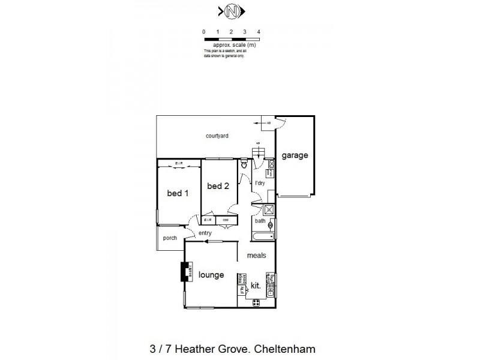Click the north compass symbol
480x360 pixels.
(232, 11)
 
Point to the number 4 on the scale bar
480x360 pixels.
(259, 31)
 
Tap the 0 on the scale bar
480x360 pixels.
(204, 31)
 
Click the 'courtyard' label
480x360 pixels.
(217, 136)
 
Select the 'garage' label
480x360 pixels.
(296, 155)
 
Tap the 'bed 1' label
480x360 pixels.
(178, 193)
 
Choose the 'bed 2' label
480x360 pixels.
(218, 186)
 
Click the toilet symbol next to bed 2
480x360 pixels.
(244, 163)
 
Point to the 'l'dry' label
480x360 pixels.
(260, 183)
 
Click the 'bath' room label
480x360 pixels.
(260, 221)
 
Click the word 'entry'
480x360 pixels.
(206, 233)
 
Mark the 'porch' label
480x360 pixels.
(170, 238)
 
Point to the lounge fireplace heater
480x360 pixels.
(185, 273)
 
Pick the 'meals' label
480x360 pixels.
(256, 256)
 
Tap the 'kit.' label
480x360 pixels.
(255, 286)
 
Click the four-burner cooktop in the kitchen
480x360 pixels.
(256, 302)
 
